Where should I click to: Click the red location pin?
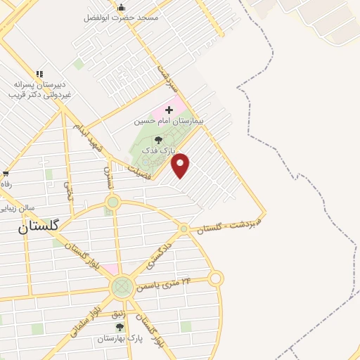pos(181,165)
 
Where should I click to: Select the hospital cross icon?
pos(169,110)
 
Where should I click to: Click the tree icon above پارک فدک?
pos(157,141)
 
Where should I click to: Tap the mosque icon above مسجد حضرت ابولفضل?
pos(122,7)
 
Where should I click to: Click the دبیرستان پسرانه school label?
pos(41,84)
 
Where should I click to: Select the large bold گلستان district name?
pos(39,226)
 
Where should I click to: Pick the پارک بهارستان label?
pos(120,338)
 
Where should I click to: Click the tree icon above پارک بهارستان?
pos(120,327)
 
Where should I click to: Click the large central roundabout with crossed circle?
pos(122,286)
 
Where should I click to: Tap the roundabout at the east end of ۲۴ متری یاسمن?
pos(216,278)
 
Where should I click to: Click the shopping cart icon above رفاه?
pos(6,173)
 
